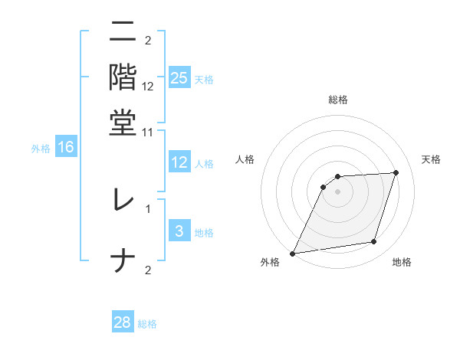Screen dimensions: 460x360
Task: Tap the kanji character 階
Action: pyautogui.click(x=123, y=77)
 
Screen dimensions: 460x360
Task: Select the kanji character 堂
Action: pyautogui.click(x=123, y=122)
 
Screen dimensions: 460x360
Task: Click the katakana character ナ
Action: pyautogui.click(x=123, y=260)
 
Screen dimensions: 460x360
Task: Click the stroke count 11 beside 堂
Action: pyautogui.click(x=148, y=132)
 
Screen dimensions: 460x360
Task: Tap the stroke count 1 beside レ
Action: pyautogui.click(x=148, y=208)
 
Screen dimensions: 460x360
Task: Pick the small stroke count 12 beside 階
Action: pyautogui.click(x=148, y=87)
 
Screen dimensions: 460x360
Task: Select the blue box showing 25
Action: pyautogui.click(x=179, y=77)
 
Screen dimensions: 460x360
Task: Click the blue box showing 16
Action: pyautogui.click(x=66, y=147)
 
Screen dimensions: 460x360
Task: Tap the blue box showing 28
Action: pyautogui.click(x=123, y=322)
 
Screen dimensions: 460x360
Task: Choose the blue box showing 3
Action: pyautogui.click(x=179, y=231)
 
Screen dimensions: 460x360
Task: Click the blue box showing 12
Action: pyautogui.click(x=179, y=162)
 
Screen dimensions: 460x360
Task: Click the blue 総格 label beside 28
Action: pyautogui.click(x=147, y=324)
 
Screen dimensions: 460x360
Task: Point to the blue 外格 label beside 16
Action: pyautogui.click(x=41, y=149)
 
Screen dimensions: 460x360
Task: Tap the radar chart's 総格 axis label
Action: pyautogui.click(x=337, y=100)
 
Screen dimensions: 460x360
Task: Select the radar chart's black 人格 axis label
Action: pyautogui.click(x=245, y=159)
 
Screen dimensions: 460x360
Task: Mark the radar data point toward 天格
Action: pyautogui.click(x=396, y=172)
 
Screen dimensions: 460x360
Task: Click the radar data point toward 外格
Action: pyautogui.click(x=293, y=253)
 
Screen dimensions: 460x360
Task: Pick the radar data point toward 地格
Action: pyautogui.click(x=374, y=242)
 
